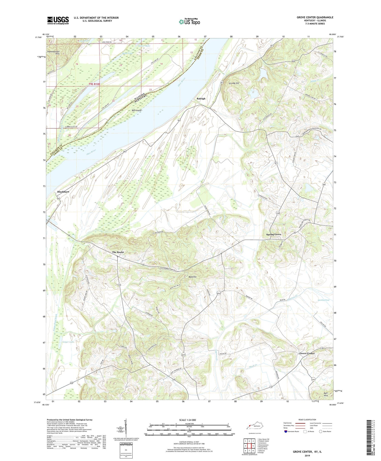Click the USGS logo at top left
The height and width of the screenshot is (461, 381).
[x=58, y=20]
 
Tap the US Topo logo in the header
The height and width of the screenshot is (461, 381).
[x=189, y=22]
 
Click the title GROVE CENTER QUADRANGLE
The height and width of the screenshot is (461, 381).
[x=315, y=17]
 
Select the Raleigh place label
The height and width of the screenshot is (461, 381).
[x=201, y=99]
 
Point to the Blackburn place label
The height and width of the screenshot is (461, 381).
[x=63, y=192]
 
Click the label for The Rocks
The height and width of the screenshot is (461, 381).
[x=118, y=252]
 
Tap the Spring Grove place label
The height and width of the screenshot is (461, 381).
[x=274, y=234]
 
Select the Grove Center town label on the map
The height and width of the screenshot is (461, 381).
[x=307, y=353]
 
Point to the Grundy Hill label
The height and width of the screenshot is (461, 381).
[x=234, y=83]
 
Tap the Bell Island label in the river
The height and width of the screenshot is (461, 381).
[x=136, y=111]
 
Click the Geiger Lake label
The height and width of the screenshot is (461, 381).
[x=68, y=342]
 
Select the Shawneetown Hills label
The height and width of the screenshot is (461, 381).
[x=53, y=52]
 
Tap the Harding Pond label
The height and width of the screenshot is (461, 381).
[x=323, y=300]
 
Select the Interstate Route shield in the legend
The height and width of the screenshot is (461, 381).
[x=286, y=432]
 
